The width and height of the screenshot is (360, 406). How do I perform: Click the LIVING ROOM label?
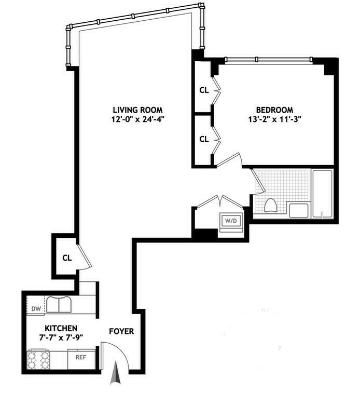137,110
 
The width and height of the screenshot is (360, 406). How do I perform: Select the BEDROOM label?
274,110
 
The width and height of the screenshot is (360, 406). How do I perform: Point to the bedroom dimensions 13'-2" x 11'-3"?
274,119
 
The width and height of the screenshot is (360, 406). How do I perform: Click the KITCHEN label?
61,328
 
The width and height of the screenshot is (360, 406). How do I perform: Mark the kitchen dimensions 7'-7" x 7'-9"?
61,337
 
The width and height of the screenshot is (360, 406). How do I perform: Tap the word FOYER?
121,331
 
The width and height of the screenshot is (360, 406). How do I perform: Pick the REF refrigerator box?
81,358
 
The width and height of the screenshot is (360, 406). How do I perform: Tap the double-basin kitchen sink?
59,304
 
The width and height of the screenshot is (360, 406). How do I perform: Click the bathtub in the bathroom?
322,194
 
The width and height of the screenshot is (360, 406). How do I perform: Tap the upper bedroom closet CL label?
204,90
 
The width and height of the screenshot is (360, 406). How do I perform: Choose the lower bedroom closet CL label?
204,139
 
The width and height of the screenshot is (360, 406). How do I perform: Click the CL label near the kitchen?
66,257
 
